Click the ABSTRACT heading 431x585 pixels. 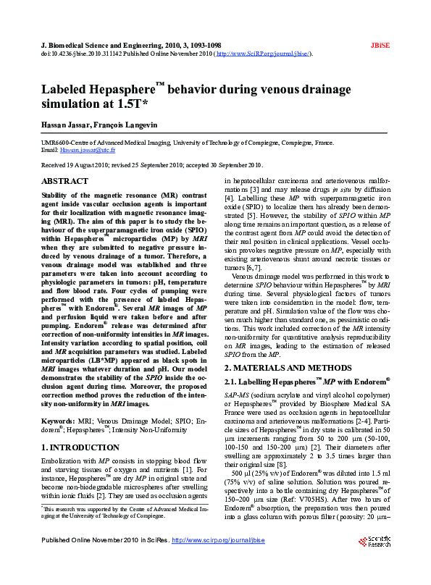(65, 181)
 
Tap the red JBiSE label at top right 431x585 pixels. (380, 45)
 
